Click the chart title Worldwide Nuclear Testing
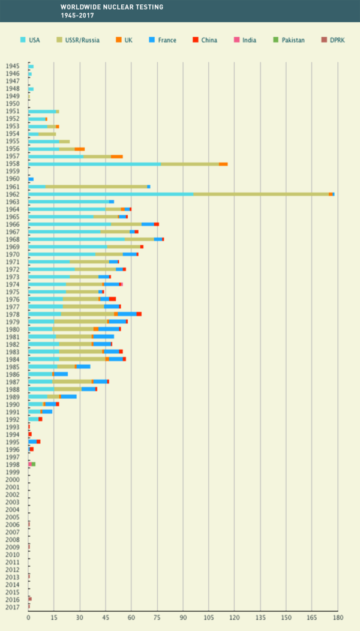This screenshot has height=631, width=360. pos(104,7)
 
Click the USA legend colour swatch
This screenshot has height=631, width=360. pos(23,40)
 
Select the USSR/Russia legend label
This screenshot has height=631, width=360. pos(83,40)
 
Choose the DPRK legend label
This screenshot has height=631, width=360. pos(337,40)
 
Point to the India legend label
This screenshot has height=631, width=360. pos(248,40)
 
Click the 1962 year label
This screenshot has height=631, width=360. pos(12,194)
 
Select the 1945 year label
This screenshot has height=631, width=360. pos(12,66)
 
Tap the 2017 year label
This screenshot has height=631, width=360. pos(12,607)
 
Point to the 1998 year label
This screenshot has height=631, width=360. pos(12,464)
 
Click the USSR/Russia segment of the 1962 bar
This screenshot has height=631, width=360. pos(261,194)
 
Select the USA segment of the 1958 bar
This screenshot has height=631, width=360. pos(94,164)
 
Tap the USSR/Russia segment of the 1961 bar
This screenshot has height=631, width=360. pos(96,187)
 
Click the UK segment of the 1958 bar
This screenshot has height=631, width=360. pos(223,164)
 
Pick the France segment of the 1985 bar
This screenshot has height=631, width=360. pos(83,366)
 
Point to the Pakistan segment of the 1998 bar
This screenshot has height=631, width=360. pos(34,464)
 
